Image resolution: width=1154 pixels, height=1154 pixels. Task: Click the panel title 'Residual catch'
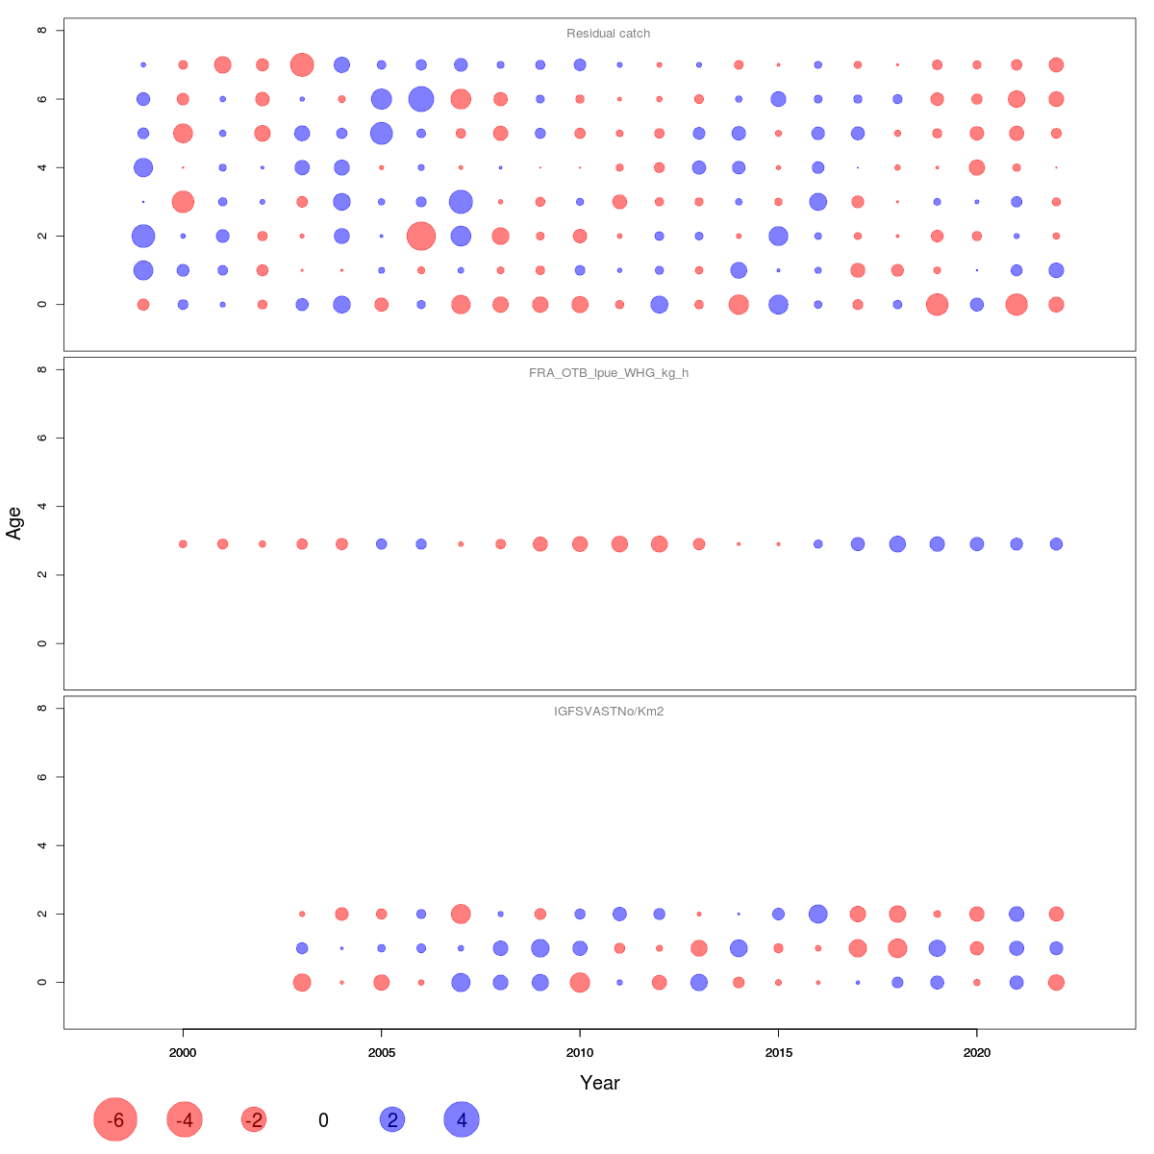608,34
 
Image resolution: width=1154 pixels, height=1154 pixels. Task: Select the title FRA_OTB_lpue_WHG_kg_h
608,373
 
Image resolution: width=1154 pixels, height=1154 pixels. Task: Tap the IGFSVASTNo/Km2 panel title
608,713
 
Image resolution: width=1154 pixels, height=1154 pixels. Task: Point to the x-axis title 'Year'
599,1083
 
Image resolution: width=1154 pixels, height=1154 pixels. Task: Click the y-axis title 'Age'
14,522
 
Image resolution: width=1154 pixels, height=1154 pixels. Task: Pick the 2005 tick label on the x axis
382,1053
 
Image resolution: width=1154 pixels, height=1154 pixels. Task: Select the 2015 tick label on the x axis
779,1053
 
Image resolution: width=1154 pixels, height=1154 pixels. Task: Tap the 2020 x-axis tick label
977,1053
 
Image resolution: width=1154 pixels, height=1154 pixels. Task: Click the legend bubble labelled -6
115,1119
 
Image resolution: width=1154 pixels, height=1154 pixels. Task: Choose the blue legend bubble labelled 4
462,1119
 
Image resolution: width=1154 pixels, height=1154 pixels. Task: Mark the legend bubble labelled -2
254,1119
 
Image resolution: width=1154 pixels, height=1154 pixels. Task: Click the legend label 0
323,1120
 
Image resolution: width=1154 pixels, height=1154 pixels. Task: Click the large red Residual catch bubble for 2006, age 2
421,236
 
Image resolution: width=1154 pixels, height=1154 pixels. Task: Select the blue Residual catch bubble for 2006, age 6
421,99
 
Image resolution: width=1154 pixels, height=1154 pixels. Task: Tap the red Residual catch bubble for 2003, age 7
302,65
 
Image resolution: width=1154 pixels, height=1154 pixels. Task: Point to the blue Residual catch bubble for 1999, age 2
143,236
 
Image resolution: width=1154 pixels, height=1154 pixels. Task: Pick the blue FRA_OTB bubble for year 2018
897,544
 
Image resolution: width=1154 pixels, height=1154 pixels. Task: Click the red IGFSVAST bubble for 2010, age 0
580,982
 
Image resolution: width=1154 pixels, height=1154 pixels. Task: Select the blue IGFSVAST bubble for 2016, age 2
818,914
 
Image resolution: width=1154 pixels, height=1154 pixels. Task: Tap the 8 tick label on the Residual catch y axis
42,31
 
